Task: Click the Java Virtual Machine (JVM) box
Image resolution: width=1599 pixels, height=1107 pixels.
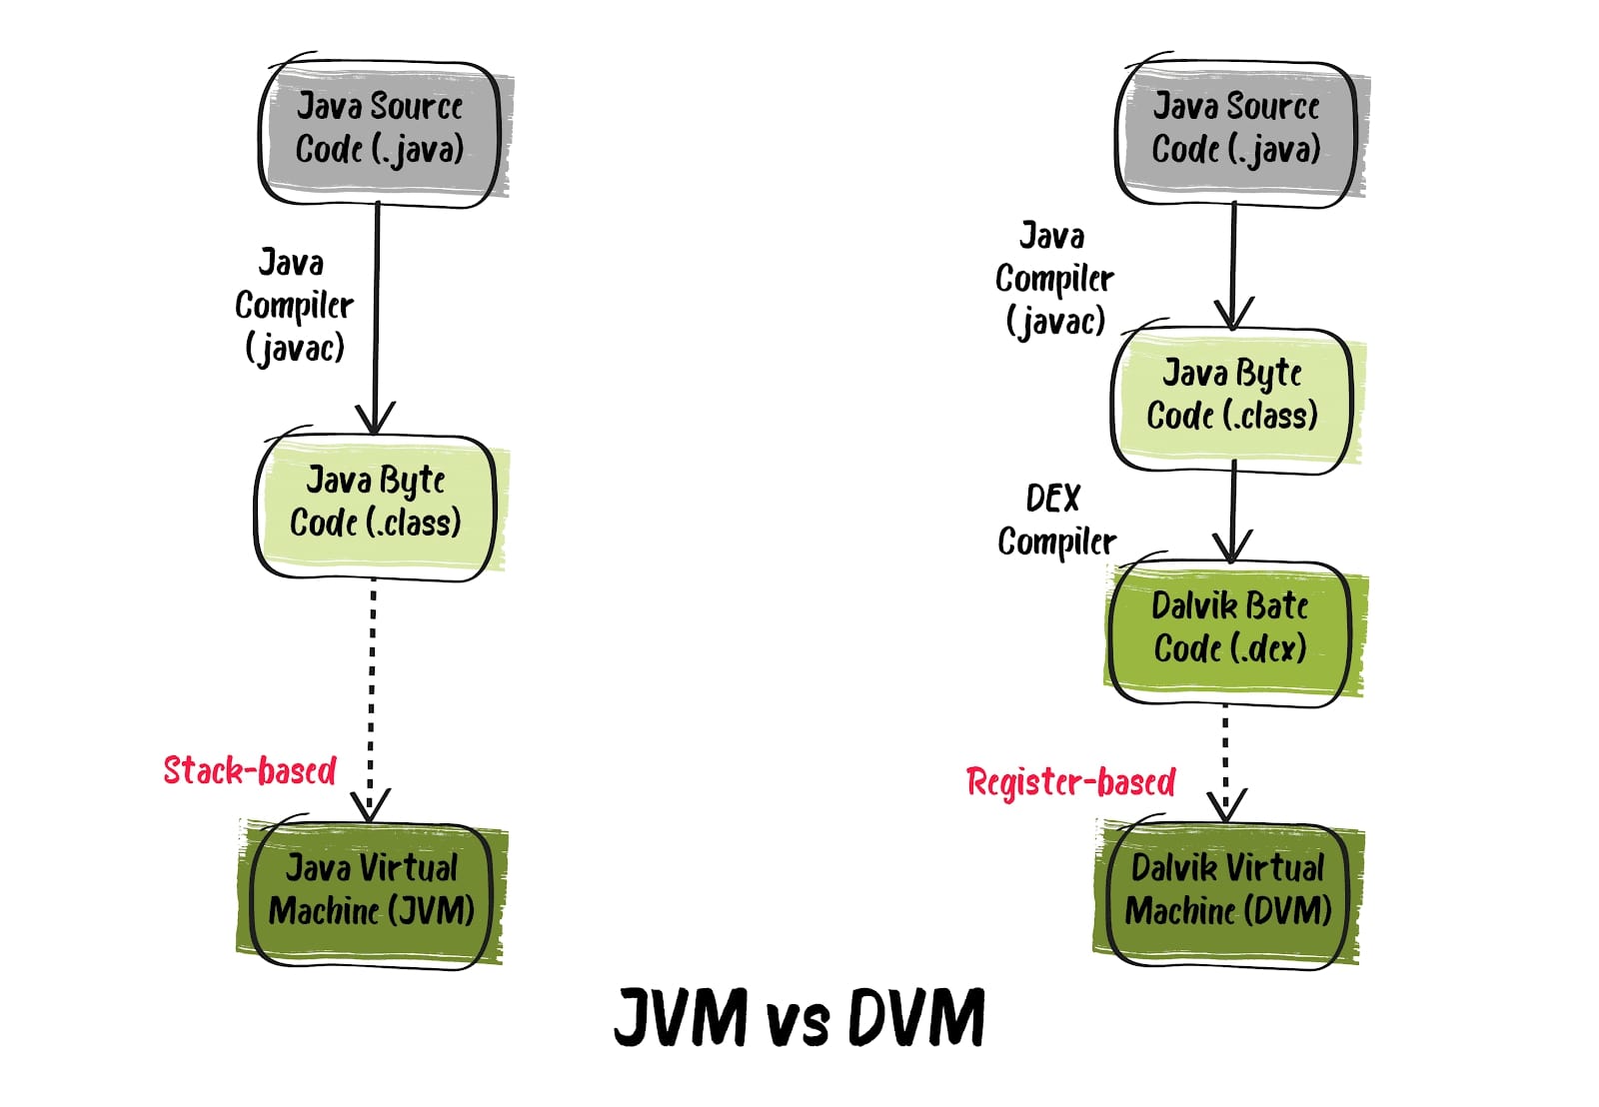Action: [x=371, y=890]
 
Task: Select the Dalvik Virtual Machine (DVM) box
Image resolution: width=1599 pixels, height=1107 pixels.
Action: [x=1228, y=890]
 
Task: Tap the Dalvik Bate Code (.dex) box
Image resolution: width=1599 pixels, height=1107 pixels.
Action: [x=1230, y=628]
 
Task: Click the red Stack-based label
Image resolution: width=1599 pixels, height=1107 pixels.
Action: [x=250, y=770]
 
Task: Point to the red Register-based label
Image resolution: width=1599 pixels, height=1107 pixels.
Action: [x=1070, y=781]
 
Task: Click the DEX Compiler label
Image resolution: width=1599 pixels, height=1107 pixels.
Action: [x=1055, y=521]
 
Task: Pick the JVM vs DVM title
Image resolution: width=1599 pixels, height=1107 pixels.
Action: [x=799, y=1017]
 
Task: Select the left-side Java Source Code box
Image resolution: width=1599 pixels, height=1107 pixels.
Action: [x=380, y=129]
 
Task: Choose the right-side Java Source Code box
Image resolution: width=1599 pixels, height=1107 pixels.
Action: [x=1236, y=129]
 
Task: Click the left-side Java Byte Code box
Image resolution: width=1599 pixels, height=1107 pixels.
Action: [x=376, y=503]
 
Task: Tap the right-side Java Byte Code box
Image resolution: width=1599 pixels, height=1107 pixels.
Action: [x=1232, y=396]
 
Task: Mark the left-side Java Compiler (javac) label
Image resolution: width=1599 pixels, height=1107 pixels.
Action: [x=294, y=306]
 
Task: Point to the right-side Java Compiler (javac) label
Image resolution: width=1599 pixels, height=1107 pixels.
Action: [x=1054, y=280]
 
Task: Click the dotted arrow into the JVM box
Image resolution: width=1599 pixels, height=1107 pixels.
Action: [x=372, y=699]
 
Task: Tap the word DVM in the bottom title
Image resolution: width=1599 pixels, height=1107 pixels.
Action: [x=916, y=1017]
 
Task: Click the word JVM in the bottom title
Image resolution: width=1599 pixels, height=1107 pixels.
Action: [x=681, y=1017]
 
